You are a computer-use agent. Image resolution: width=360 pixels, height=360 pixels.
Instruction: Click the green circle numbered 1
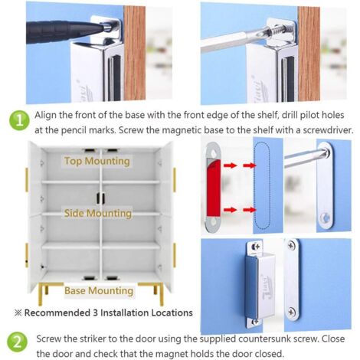pyautogui.click(x=19, y=120)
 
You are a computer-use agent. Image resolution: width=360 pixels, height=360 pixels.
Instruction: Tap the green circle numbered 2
pyautogui.click(x=17, y=342)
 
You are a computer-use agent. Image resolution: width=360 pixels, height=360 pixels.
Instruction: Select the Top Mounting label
pyautogui.click(x=97, y=162)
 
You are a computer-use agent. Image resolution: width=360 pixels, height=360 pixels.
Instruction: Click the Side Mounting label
pyautogui.click(x=98, y=213)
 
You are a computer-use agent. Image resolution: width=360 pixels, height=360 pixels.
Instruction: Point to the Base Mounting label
pyautogui.click(x=99, y=291)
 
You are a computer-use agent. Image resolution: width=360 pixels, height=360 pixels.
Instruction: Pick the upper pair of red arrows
pyautogui.click(x=240, y=165)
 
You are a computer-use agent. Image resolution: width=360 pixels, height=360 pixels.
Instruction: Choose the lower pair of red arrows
pyautogui.click(x=240, y=210)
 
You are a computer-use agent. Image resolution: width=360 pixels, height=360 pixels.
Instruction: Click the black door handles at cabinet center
pyautogui.click(x=100, y=198)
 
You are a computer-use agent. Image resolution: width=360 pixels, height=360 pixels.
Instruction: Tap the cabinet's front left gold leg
pyautogui.click(x=40, y=295)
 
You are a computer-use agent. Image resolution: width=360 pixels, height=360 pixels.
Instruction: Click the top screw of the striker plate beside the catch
pyautogui.click(x=292, y=246)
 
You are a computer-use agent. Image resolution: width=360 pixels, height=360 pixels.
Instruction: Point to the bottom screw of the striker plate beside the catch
pyautogui.click(x=292, y=312)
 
